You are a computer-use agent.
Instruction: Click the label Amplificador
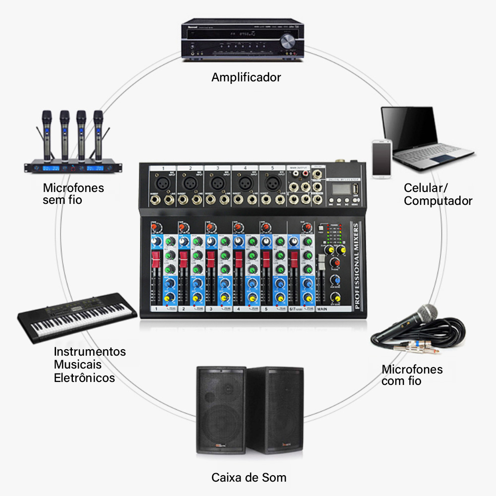click(x=246, y=77)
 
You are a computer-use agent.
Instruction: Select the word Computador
click(x=438, y=201)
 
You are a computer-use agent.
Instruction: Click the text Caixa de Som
click(x=248, y=478)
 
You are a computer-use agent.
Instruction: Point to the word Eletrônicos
click(x=84, y=378)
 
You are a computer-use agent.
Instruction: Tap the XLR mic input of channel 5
click(x=272, y=183)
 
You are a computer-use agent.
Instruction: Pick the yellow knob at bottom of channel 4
click(x=252, y=298)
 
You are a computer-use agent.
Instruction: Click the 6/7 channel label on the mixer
click(x=294, y=309)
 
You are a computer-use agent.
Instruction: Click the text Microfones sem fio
click(x=73, y=194)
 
